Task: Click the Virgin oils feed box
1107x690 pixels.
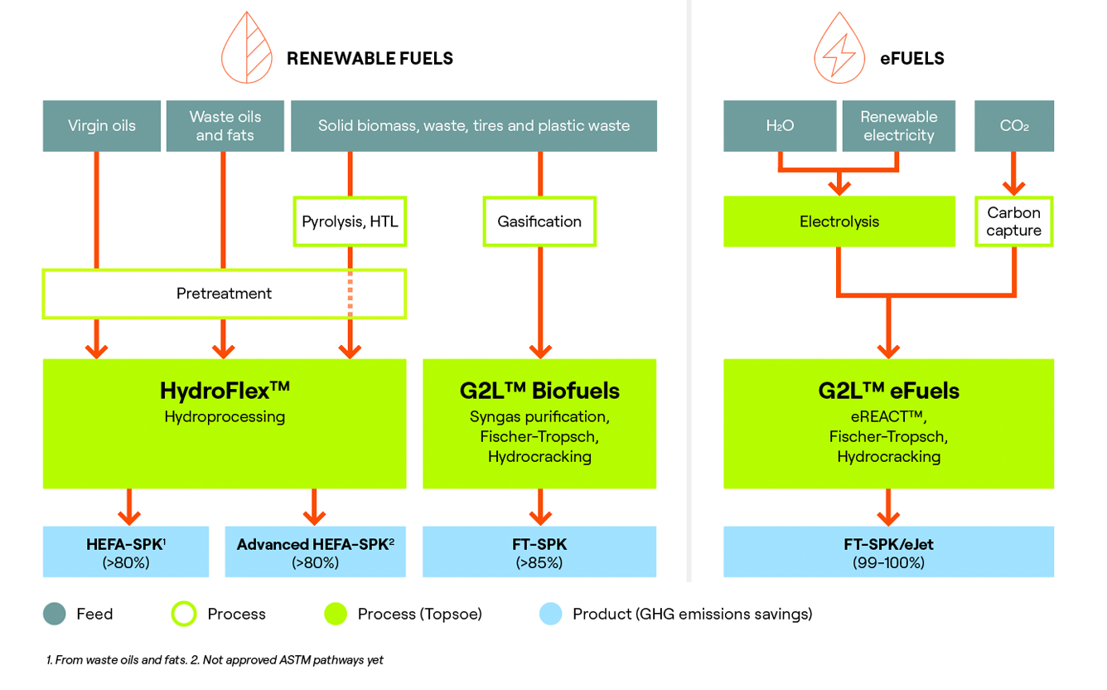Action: pos(102,126)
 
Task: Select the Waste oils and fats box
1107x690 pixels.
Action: pos(225,126)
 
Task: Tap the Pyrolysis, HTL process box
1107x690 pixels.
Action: pos(350,221)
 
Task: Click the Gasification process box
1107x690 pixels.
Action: pos(539,221)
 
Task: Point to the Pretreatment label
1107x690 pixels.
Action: pos(224,294)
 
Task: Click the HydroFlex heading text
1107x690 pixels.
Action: pos(225,390)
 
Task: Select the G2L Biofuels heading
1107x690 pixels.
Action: pos(539,390)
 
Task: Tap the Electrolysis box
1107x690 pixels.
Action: pos(839,221)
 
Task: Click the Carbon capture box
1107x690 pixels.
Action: pos(1013,221)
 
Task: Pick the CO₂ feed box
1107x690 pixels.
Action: pos(1013,126)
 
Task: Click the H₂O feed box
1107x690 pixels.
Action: pos(780,126)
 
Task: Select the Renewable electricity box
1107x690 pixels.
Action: pos(898,126)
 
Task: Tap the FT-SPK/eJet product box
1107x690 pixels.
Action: pos(888,552)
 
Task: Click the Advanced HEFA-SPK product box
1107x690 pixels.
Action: pos(315,552)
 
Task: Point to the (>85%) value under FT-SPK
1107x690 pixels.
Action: pos(539,563)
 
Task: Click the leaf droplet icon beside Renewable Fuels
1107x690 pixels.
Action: pos(247,50)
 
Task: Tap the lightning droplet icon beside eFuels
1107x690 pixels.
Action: pos(839,50)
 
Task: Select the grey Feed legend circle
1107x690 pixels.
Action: pos(54,614)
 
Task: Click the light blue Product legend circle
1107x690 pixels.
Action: pos(550,614)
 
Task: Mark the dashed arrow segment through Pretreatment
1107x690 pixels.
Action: pos(350,294)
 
